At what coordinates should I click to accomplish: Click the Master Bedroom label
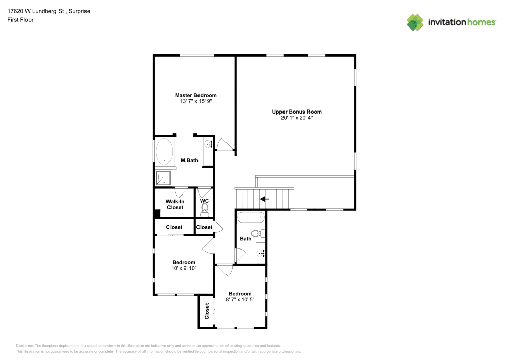pos(196,95)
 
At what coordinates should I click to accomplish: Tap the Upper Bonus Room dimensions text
pos(297,118)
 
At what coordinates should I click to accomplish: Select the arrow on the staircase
pos(265,199)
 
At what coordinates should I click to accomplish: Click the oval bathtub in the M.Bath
pos(164,151)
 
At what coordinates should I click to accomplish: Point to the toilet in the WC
pos(205,211)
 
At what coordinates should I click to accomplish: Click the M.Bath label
pos(189,161)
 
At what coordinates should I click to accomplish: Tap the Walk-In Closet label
pos(175,204)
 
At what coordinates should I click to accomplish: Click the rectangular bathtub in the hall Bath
pos(251,218)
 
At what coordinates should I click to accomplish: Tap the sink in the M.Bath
pos(209,145)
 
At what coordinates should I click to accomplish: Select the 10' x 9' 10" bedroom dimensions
pos(184,268)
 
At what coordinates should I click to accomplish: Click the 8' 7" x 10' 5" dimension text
pos(240,300)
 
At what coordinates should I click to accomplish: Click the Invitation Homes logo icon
pos(415,22)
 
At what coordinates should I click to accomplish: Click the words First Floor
pos(20,20)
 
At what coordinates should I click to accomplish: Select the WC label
pos(204,201)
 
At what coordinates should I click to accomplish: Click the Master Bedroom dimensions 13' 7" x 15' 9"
pos(196,101)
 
